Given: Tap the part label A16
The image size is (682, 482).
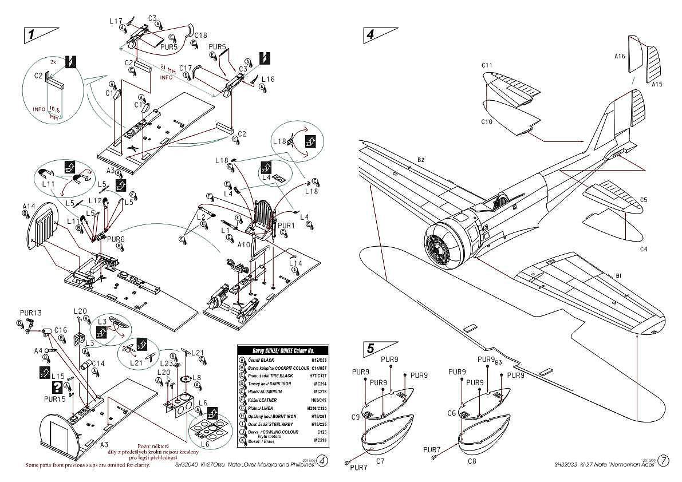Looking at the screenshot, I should [620, 56].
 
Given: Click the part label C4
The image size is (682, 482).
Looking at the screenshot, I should [644, 249].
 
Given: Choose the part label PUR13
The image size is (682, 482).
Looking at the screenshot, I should [30, 313].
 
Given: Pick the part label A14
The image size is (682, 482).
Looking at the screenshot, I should [29, 206].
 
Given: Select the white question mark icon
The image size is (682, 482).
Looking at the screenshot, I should [57, 386].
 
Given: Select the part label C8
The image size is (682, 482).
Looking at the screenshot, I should [471, 461].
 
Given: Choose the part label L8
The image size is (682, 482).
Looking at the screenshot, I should [196, 378].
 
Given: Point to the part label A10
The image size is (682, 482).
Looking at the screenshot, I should [244, 244].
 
